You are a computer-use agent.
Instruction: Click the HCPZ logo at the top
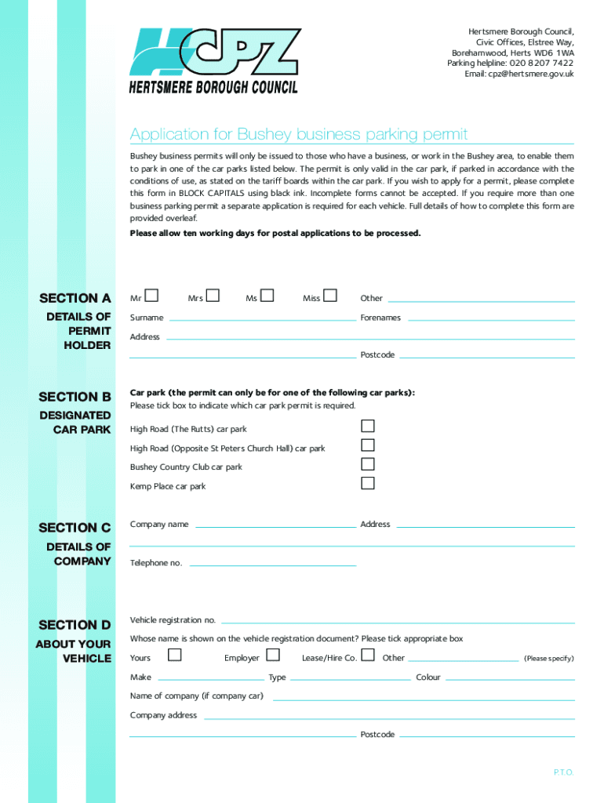pos(214,61)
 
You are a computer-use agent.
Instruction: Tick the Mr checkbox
pos(152,296)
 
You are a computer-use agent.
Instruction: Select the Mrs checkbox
pos(213,296)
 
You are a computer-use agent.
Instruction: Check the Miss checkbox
pos(330,296)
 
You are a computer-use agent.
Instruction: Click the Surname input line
pos(262,319)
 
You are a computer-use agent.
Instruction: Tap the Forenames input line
pos(490,319)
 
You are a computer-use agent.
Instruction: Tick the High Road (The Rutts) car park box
pos(367,427)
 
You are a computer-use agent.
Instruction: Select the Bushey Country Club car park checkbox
pos(367,464)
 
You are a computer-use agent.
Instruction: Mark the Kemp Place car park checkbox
pos(367,483)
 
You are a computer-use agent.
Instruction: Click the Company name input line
pos(275,526)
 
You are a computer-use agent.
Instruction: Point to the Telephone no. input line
pos(272,565)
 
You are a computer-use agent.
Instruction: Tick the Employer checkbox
pos(273,655)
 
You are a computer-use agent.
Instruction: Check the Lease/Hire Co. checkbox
pos(367,655)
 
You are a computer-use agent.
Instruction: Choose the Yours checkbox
pos(175,655)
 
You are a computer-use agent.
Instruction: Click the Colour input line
pos(510,679)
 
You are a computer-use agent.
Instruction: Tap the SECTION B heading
pos(75,397)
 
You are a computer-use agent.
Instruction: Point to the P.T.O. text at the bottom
pos(563,772)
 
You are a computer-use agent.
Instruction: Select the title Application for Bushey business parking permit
pos(299,134)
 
